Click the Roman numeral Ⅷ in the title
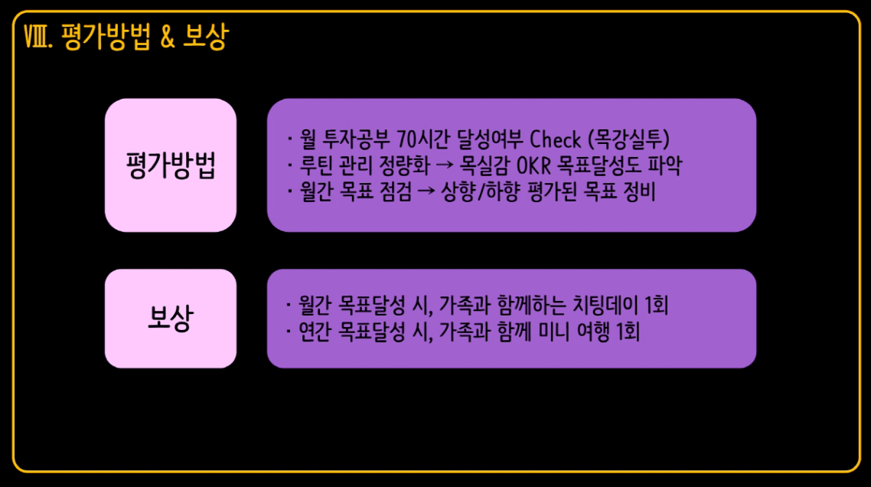[x=35, y=38]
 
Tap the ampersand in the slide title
[x=167, y=37]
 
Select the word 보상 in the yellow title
[x=206, y=38]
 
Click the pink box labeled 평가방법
[x=171, y=165]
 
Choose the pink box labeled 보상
[x=171, y=319]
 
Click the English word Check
[x=555, y=139]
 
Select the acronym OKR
[x=533, y=165]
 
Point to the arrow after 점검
[x=426, y=191]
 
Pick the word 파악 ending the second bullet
[x=664, y=165]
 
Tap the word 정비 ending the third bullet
[x=639, y=191]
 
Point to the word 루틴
[x=316, y=165]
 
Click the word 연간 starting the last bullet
[x=315, y=332]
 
